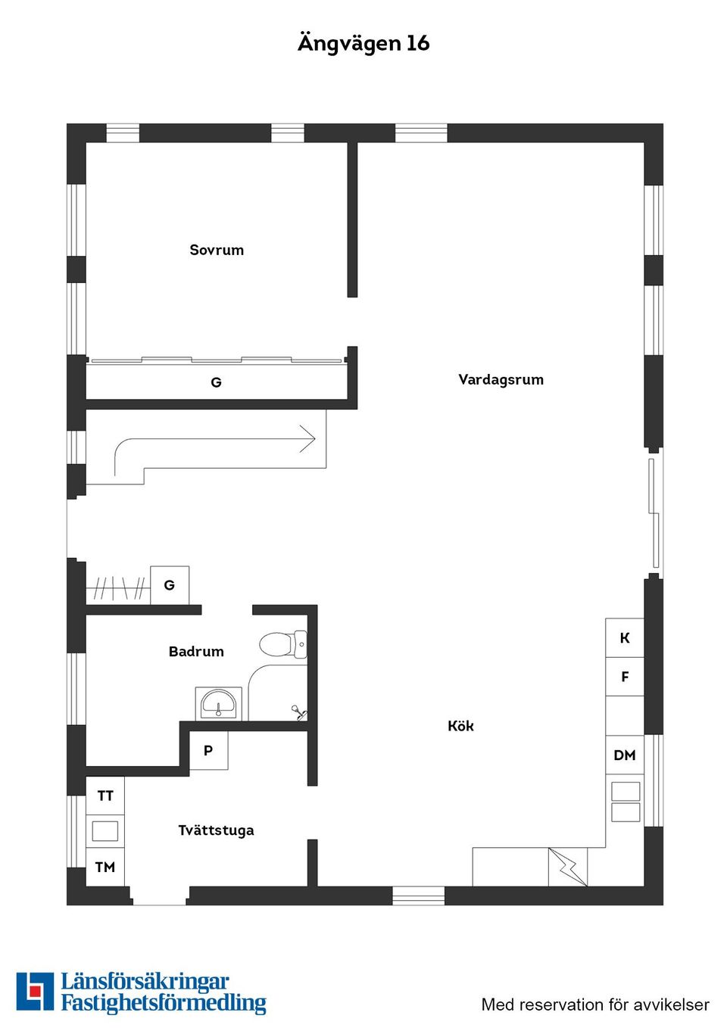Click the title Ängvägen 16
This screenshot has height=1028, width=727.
click(363, 43)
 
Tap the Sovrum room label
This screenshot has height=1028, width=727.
click(217, 250)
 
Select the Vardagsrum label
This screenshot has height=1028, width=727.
click(501, 379)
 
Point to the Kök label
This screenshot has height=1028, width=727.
click(460, 726)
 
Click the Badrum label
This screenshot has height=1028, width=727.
click(196, 651)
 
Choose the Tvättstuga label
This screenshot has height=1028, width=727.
click(216, 830)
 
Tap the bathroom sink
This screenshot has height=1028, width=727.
click(219, 704)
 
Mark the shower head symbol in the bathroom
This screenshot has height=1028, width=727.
click(298, 712)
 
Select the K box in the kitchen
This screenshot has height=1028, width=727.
click(625, 638)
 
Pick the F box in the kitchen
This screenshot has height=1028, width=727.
click(625, 677)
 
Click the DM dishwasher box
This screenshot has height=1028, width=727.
click(625, 755)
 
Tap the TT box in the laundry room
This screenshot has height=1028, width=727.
click(105, 796)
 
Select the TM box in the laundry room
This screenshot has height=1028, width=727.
click(105, 867)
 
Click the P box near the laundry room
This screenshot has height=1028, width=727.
click(208, 750)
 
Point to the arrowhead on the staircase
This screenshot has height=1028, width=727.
click(308, 439)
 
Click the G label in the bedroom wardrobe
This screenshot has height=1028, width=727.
click(216, 382)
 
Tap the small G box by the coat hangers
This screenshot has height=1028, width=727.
click(170, 585)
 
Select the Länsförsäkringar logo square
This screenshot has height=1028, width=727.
click(35, 991)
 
